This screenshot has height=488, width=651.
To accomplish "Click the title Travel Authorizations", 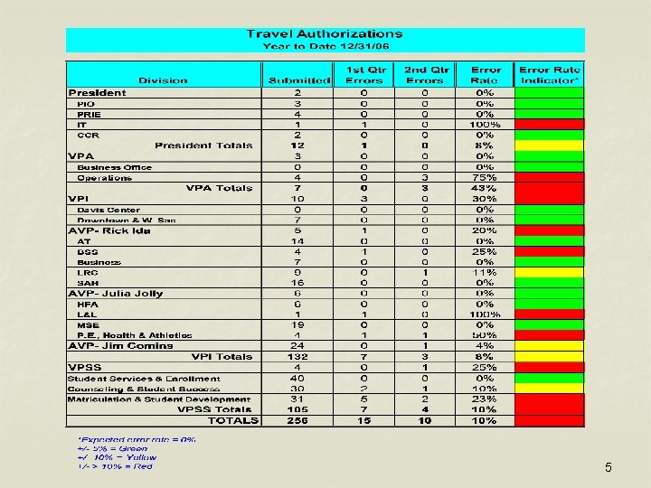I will pyautogui.click(x=325, y=33).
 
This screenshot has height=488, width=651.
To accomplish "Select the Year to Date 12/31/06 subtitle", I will pyautogui.click(x=325, y=45).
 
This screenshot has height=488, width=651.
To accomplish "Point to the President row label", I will pyautogui.click(x=98, y=92).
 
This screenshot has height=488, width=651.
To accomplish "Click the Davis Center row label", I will pyautogui.click(x=108, y=210).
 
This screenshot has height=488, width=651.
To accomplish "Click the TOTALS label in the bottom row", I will pyautogui.click(x=232, y=420).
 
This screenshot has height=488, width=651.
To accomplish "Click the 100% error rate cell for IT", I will pyautogui.click(x=486, y=125).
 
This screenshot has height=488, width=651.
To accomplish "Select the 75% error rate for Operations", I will pyautogui.click(x=486, y=178).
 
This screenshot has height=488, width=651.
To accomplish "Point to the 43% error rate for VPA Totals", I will pyautogui.click(x=486, y=188).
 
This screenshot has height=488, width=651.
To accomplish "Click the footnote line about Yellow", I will pyautogui.click(x=117, y=457).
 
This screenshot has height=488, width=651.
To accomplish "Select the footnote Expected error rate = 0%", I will pyautogui.click(x=136, y=440).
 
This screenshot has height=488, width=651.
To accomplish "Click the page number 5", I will pyautogui.click(x=609, y=467).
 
